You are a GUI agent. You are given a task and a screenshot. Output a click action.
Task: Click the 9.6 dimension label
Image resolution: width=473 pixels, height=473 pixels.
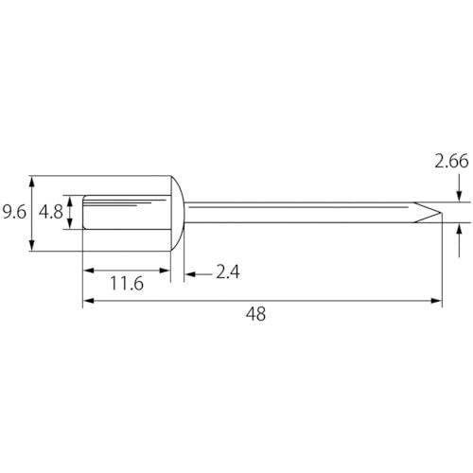tap(14, 212)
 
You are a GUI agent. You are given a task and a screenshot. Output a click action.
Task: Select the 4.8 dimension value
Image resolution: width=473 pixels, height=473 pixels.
tap(51, 212)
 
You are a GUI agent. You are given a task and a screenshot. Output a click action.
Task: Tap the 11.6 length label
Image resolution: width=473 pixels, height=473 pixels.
tap(127, 283)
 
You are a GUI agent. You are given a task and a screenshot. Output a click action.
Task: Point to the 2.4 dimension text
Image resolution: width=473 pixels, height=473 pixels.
tap(228, 272)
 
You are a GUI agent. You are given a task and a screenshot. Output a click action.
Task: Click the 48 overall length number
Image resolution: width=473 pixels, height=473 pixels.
tap(255, 314)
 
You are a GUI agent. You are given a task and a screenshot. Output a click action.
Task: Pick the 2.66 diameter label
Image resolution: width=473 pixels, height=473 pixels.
tap(451, 161)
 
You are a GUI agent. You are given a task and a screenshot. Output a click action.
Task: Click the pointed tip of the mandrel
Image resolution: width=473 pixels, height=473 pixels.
tap(440, 213)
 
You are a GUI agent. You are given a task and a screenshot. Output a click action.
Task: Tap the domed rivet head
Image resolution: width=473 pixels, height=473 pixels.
tap(177, 213)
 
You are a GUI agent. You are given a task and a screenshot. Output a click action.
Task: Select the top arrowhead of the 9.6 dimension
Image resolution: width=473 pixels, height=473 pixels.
tap(31, 182)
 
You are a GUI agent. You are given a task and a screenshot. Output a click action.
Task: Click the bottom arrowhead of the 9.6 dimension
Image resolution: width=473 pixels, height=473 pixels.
tap(31, 245)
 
